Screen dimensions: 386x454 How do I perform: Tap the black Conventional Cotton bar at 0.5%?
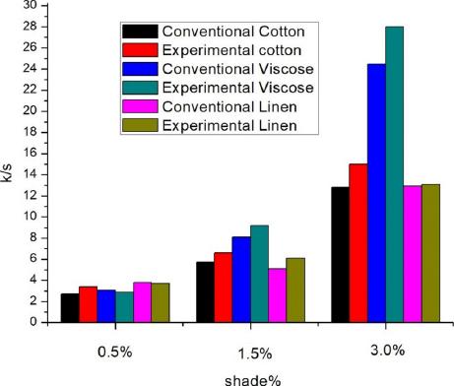pyautogui.click(x=69, y=307)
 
